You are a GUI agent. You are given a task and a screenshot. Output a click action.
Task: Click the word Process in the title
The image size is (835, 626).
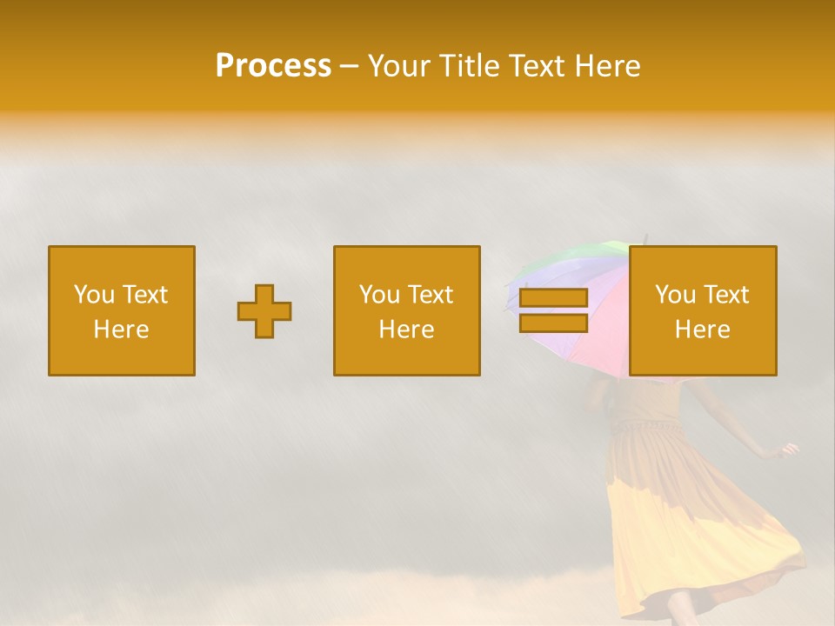(x=273, y=66)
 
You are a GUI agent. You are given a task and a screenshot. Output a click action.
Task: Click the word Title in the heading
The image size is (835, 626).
(x=470, y=66)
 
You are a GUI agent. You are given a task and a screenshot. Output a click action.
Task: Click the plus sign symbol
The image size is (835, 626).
(x=264, y=311)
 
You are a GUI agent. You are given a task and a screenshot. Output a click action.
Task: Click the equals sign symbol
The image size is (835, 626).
(x=553, y=310)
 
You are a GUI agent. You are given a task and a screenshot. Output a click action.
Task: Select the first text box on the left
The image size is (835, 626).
(x=122, y=310)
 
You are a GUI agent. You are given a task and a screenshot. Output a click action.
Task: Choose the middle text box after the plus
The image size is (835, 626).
(x=406, y=310)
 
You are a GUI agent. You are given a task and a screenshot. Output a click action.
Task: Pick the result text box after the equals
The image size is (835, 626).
(x=702, y=310)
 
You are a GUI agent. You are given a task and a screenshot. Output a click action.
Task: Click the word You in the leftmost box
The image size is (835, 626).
(x=93, y=295)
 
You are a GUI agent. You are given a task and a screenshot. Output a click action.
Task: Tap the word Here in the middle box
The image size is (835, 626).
(x=406, y=330)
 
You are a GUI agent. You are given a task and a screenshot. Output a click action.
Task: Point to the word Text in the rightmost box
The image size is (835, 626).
(x=728, y=295)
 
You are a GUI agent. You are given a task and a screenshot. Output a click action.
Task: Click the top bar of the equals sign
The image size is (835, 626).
(x=553, y=298)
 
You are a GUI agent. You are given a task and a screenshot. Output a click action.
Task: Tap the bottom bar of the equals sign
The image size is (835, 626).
(x=553, y=323)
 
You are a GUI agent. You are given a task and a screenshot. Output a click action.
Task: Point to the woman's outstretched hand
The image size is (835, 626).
(x=790, y=450)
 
